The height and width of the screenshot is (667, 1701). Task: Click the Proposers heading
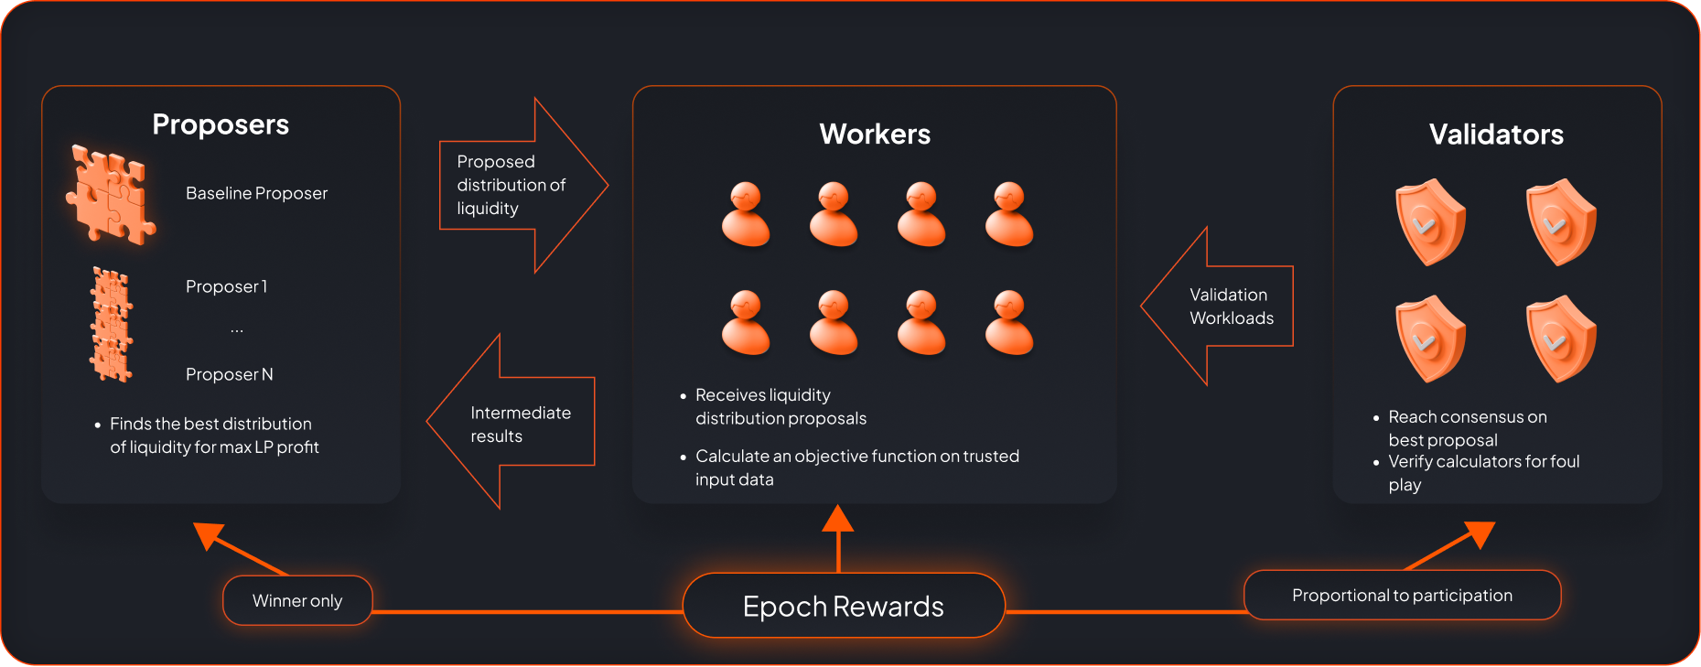click(221, 124)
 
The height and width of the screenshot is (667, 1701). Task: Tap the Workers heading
click(875, 134)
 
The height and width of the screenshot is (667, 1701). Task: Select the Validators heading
click(1496, 134)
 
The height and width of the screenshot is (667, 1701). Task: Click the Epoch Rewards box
click(843, 606)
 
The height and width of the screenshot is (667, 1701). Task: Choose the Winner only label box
click(297, 600)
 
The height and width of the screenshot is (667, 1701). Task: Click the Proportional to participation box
click(1402, 596)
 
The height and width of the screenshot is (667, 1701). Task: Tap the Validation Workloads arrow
click(1222, 307)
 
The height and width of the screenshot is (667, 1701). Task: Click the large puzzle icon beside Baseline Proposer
click(111, 195)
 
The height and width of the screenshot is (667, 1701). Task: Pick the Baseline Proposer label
click(256, 193)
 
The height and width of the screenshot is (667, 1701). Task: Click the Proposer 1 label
click(226, 286)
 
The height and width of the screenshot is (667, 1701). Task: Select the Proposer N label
click(229, 374)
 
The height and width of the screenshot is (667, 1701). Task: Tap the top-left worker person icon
click(746, 214)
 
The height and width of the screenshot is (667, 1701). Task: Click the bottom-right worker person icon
click(1009, 322)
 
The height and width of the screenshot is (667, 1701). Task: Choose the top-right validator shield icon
click(1561, 222)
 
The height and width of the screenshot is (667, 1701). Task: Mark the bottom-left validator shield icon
click(1430, 339)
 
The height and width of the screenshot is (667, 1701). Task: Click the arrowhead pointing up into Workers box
click(838, 520)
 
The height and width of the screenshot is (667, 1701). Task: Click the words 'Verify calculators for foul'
click(1483, 461)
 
